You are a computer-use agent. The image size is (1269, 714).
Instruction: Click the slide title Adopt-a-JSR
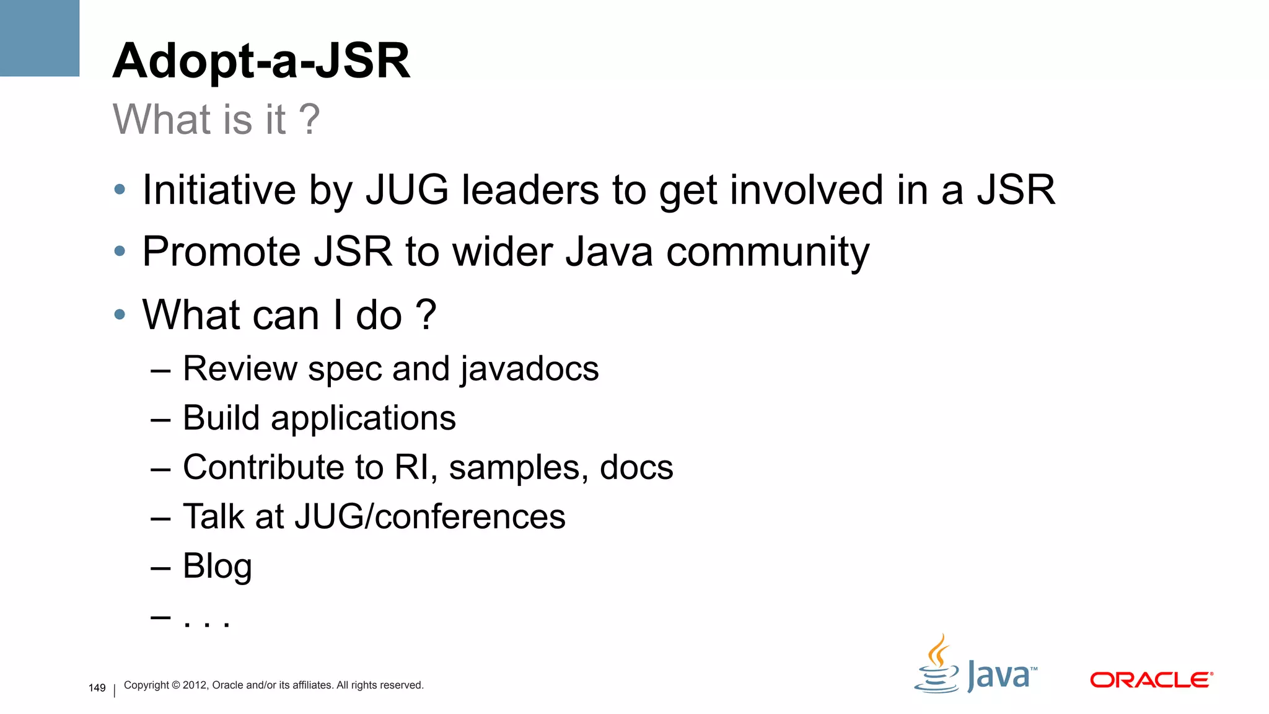[x=261, y=61]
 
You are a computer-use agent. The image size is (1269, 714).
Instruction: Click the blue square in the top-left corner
[x=40, y=38]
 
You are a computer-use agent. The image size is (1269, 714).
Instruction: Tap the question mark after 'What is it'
[x=309, y=119]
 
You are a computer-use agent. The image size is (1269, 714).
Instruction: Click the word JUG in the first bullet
[x=406, y=190]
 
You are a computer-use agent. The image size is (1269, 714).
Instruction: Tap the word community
[x=768, y=252]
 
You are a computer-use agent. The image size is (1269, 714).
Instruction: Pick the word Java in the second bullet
[x=609, y=252]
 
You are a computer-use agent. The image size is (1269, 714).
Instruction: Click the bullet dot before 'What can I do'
[x=120, y=314]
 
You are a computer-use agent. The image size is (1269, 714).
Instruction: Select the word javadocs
[x=529, y=369]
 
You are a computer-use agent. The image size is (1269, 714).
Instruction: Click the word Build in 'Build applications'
[x=221, y=418]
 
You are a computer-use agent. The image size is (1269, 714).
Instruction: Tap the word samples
[x=518, y=467]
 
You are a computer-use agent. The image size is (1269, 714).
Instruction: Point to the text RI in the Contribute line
[x=411, y=467]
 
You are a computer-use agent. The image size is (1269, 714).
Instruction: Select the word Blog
[x=217, y=566]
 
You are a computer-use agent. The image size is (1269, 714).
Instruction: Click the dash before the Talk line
[x=160, y=518]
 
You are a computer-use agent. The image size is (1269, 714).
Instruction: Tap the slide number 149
[x=97, y=688]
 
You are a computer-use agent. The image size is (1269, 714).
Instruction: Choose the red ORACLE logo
[x=1151, y=680]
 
